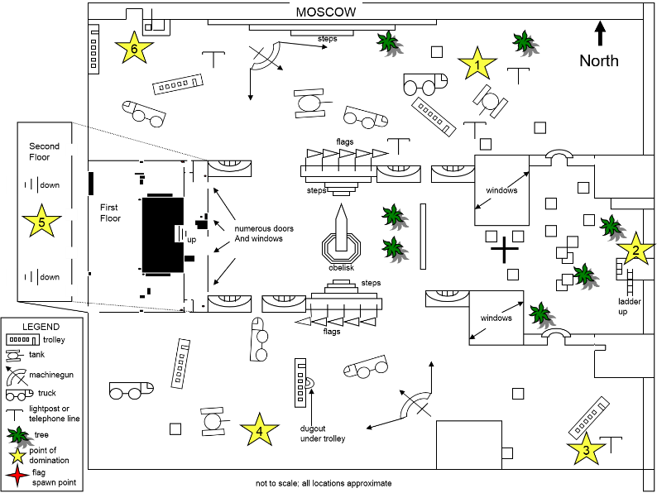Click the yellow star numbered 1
click(477, 64)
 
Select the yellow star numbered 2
click(635, 249)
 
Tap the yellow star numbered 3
click(586, 449)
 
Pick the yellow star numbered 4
click(259, 430)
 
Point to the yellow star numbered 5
click(41, 221)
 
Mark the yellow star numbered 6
click(134, 48)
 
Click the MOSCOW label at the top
click(326, 12)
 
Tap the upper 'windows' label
click(501, 190)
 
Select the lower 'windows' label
click(496, 318)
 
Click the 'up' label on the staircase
click(192, 239)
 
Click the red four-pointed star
click(17, 475)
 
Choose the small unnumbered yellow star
click(17, 456)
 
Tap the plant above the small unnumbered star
click(21, 438)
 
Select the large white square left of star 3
click(469, 445)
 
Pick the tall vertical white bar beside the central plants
click(423, 236)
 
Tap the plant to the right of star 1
click(526, 44)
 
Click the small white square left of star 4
click(175, 429)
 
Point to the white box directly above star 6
click(134, 19)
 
